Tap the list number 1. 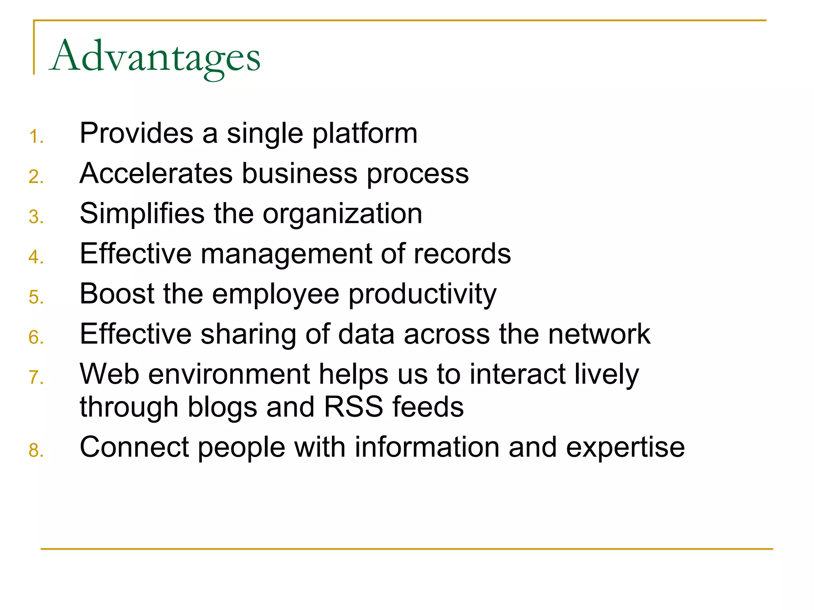click(x=35, y=137)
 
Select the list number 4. click(x=35, y=257)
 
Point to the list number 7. click(x=35, y=377)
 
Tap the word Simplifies click(x=141, y=214)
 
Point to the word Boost click(x=116, y=294)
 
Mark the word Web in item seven click(x=109, y=374)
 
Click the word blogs click(x=222, y=408)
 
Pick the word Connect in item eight click(x=134, y=447)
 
